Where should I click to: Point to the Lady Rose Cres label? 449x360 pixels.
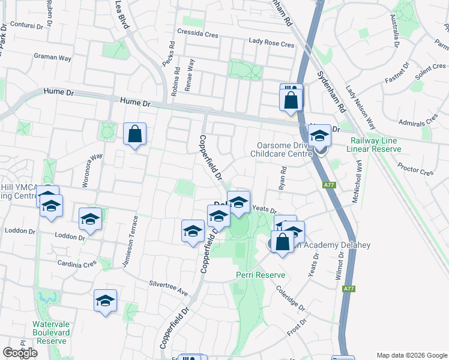pos(272,44)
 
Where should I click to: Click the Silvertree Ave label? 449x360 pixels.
pos(169,288)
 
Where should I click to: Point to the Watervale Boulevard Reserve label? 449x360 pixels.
pos(51,332)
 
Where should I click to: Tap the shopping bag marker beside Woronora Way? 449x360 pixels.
pos(134,134)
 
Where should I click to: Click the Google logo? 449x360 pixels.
pos(20,352)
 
